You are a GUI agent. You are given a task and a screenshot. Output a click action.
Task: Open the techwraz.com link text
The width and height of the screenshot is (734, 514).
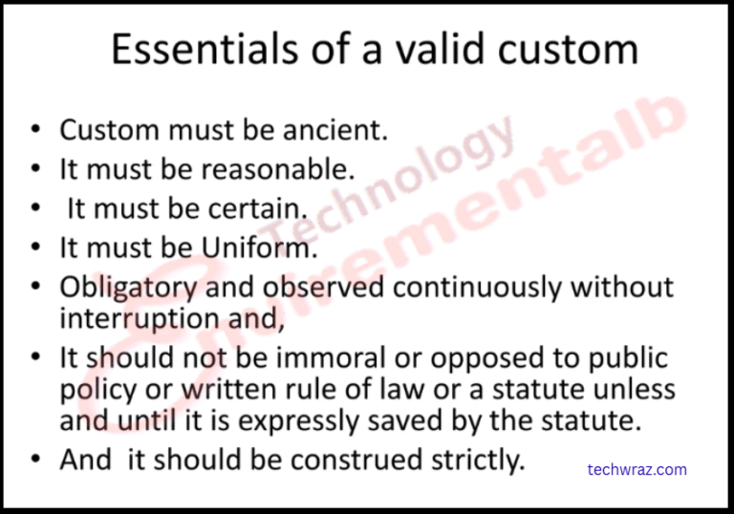click(x=637, y=469)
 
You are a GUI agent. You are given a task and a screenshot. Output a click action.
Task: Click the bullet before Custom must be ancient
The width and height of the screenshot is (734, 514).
click(x=35, y=130)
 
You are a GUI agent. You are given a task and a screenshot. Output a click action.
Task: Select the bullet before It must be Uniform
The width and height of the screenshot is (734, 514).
click(x=35, y=248)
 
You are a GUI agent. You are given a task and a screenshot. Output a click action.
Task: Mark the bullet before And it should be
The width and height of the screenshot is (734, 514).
click(x=35, y=460)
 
